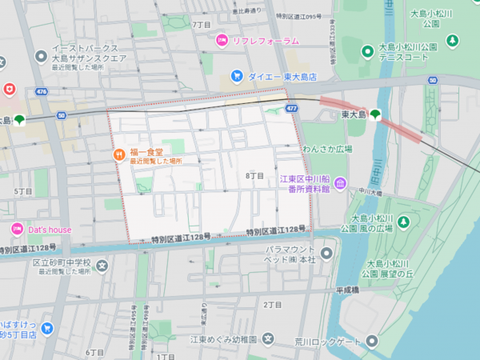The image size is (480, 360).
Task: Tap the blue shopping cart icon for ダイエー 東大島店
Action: point(237,76)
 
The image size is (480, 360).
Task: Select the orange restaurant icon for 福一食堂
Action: point(118,153)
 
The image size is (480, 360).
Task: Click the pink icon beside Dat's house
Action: point(16,230)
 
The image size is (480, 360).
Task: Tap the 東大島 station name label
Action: point(353,115)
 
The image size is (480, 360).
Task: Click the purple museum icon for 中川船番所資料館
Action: point(340,185)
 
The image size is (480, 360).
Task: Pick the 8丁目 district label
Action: point(254,175)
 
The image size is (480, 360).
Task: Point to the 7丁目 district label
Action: point(202,25)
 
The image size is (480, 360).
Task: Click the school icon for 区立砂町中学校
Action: point(102,265)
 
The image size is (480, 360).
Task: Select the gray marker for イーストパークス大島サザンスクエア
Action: point(40,57)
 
